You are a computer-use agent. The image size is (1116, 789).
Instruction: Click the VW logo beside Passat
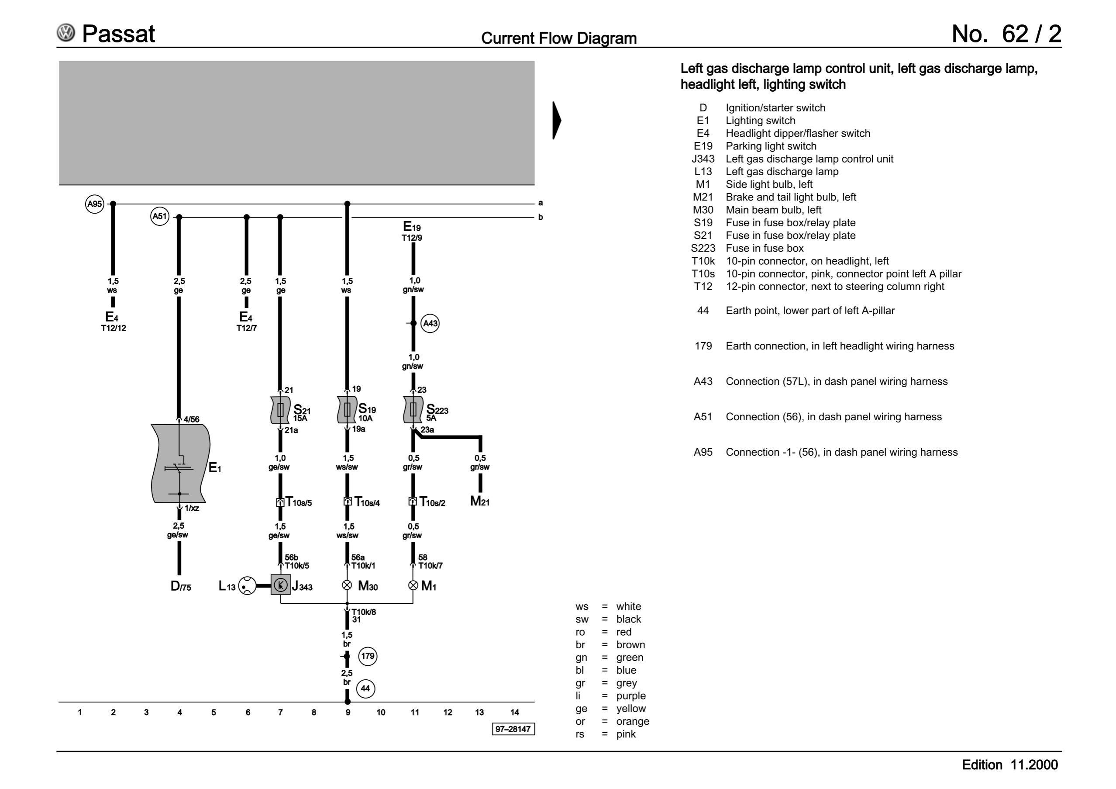66,33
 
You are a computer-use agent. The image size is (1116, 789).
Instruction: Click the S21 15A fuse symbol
280,410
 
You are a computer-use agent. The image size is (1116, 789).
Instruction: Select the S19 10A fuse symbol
347,410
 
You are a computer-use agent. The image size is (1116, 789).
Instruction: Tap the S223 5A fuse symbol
413,410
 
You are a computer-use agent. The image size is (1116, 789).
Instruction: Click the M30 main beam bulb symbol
347,585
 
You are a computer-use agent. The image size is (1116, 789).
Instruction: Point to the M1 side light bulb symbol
413,585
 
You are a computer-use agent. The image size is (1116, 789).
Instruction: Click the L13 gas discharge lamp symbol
247,585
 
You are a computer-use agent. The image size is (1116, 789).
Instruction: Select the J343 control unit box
280,585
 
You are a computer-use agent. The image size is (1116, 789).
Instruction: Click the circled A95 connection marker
95,204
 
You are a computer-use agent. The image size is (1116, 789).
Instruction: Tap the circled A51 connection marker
160,216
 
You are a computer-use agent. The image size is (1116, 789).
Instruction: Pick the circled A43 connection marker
430,323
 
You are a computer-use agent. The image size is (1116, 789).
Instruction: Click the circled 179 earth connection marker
368,656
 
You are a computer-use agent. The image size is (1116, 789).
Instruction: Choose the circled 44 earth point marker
365,689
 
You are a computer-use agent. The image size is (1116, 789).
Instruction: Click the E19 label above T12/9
412,227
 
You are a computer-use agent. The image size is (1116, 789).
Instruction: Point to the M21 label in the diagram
480,501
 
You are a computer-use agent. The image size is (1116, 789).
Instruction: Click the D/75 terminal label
181,586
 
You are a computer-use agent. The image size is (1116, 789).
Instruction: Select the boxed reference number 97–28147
514,729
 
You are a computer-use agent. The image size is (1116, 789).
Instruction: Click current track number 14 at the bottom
515,713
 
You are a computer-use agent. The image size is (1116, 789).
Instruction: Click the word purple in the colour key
631,696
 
